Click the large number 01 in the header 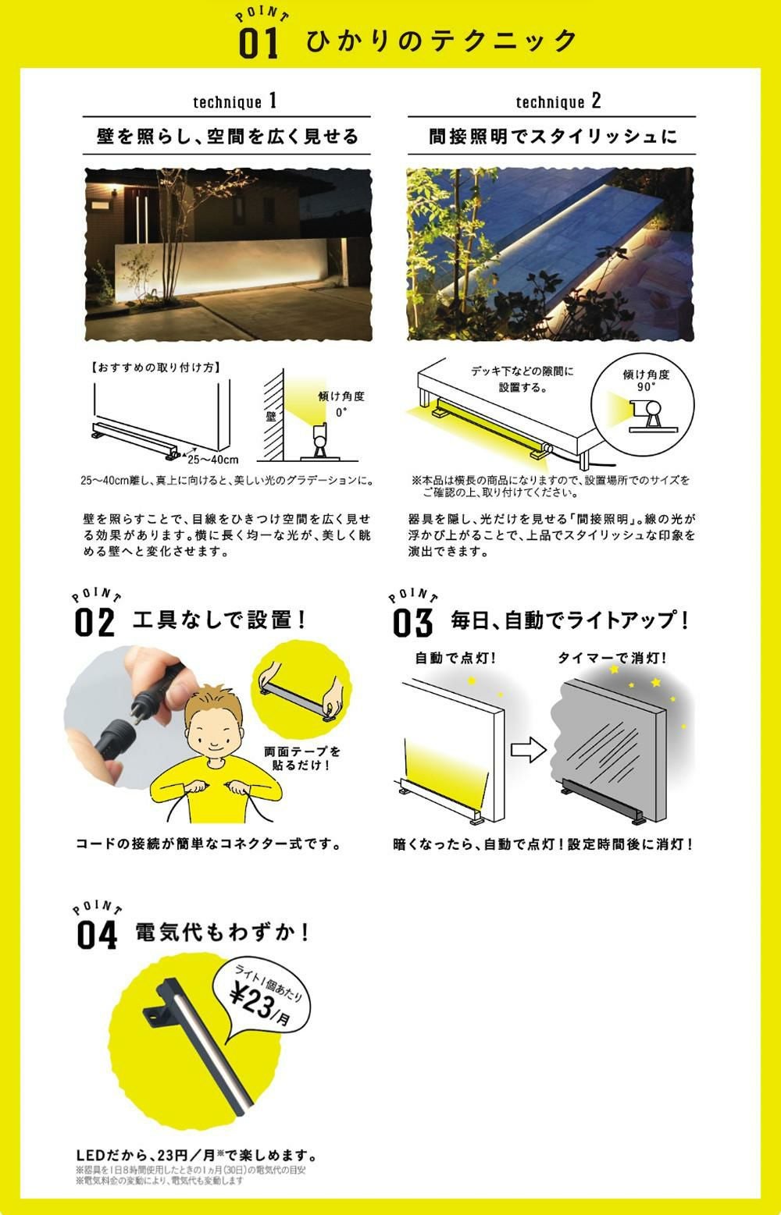coord(259,44)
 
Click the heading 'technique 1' coord(235,101)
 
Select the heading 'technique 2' coord(558,101)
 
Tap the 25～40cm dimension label coord(213,460)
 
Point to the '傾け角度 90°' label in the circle coord(646,380)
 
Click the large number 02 coord(95,623)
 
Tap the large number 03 coord(412,623)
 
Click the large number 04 coord(97,935)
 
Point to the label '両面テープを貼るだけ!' coord(302,758)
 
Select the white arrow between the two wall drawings coord(528,750)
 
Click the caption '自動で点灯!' coord(455,658)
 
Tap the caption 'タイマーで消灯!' coord(612,658)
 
